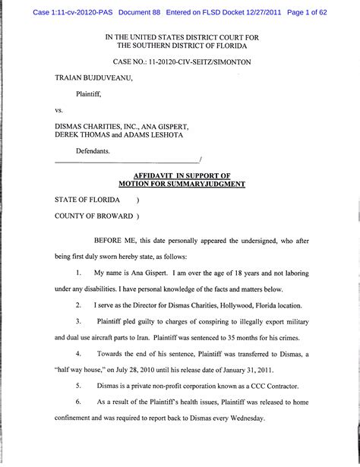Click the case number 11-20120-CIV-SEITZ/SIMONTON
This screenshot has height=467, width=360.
pos(202,60)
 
